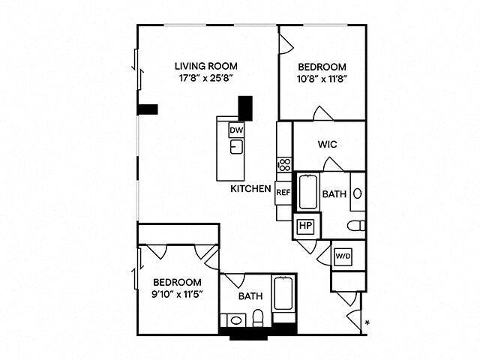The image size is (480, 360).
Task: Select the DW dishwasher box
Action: coord(236,130)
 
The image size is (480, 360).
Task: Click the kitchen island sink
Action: coord(236,146)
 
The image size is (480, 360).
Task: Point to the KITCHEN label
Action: coord(250,189)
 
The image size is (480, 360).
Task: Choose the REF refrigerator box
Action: coord(283,193)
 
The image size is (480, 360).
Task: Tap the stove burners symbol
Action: coord(285,163)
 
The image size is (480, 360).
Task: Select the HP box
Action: coord(305,225)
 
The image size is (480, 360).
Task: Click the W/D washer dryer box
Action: coord(343,256)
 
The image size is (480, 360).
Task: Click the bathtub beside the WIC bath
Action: coord(308,191)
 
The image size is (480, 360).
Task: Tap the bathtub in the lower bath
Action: coord(283,298)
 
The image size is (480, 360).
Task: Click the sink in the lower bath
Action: coord(235,320)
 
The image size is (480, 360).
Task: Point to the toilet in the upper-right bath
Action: coord(355,224)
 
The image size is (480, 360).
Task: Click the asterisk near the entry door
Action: coord(367,323)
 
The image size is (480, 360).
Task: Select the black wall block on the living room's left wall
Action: coord(147,109)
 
